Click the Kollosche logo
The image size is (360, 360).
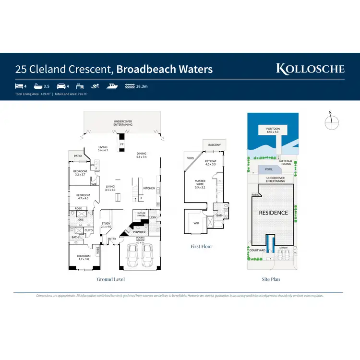pos(310,68)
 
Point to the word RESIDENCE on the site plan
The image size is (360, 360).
pos(274,213)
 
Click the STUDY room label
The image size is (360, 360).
pos(106,225)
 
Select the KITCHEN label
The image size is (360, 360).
pos(149,188)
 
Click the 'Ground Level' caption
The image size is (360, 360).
pos(111,279)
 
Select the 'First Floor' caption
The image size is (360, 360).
pos(202,246)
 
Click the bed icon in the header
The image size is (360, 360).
pos(18,86)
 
